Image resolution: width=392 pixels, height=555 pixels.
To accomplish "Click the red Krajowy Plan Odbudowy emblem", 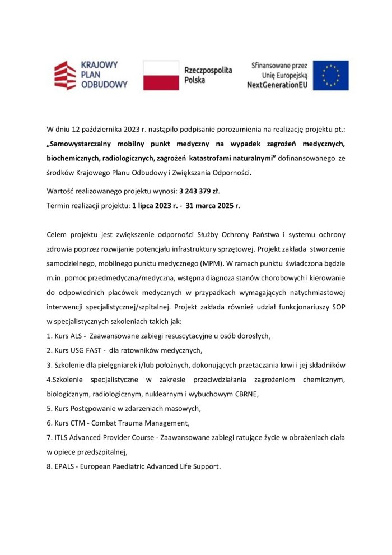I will (65, 75).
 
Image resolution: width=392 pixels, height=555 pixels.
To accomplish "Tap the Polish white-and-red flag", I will (161, 75).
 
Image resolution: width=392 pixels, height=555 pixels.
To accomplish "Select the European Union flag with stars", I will (330, 75).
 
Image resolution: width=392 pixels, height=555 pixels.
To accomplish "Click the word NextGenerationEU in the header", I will (278, 85).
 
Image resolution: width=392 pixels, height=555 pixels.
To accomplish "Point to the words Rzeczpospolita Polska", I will (208, 75).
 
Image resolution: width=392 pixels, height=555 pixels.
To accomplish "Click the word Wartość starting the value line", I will (62, 191).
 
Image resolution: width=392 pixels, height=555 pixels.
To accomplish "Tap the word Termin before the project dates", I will (60, 206).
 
